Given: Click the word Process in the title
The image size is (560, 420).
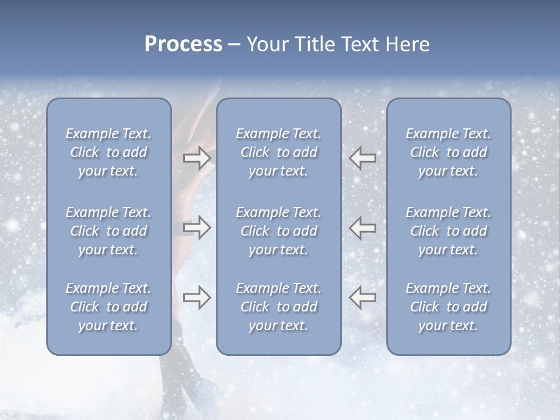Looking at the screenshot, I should (x=183, y=44).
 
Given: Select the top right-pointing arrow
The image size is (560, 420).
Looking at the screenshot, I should (x=197, y=158).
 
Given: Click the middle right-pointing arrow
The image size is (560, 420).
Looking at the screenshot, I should (x=197, y=228).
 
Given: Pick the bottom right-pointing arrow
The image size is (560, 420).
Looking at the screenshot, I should (x=197, y=297).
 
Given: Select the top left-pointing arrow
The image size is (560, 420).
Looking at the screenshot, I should (x=363, y=158).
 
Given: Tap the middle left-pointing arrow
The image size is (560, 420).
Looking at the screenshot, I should (x=363, y=228).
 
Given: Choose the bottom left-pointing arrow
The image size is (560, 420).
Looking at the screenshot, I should (x=363, y=297).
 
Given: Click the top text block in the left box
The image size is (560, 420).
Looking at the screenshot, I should (x=108, y=152).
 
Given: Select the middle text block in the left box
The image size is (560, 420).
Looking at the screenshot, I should (x=108, y=231).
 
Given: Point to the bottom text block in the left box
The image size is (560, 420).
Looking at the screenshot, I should (x=108, y=307).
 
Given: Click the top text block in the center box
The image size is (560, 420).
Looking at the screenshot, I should (x=279, y=152).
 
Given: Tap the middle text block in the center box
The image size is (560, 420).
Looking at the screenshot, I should (x=279, y=231).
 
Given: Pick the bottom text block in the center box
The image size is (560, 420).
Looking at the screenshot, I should (x=279, y=307).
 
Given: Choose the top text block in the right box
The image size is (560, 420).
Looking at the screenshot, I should (x=449, y=152).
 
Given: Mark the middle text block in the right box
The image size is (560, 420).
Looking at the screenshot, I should (x=449, y=231).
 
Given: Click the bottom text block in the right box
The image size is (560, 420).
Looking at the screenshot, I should (x=449, y=307).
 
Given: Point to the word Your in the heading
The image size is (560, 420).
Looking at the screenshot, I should (x=266, y=44).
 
